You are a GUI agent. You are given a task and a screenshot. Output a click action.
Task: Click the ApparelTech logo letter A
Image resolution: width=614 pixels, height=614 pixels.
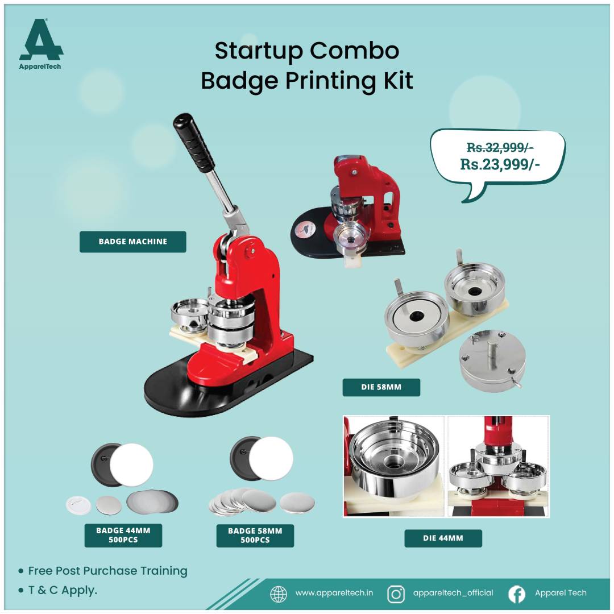point(41,40)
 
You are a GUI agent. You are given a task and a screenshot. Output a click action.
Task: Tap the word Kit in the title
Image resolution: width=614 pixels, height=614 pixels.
point(398,81)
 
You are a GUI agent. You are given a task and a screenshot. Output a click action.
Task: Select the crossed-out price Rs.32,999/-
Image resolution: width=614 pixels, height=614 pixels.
point(500,147)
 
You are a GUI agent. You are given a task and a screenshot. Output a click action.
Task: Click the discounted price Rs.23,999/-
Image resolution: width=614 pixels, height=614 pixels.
point(500,164)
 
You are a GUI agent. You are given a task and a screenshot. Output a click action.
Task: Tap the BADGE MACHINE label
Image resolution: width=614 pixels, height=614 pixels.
point(132,242)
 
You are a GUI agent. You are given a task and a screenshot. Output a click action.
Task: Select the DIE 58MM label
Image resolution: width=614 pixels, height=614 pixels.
point(381,387)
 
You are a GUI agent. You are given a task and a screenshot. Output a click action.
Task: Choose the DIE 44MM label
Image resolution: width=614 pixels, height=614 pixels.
point(443,538)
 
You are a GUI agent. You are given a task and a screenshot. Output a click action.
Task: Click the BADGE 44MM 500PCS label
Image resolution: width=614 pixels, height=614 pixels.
point(123,536)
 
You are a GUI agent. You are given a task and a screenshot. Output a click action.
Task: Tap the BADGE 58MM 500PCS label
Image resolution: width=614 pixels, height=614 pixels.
point(255,536)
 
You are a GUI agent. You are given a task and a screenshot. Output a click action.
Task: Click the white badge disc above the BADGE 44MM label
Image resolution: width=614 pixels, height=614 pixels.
point(131,465)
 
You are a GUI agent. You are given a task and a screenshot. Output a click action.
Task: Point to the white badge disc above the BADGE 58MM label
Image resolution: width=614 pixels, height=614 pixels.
point(271,459)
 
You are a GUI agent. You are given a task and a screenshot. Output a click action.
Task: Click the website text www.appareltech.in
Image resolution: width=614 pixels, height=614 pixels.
point(334,593)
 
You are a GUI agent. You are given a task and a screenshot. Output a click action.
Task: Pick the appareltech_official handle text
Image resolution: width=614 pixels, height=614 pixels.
point(453,593)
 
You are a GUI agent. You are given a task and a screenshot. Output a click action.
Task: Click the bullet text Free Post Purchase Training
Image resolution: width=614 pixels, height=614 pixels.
point(107,571)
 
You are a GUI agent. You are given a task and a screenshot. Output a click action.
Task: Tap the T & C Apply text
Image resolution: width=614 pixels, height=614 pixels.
point(63,590)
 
